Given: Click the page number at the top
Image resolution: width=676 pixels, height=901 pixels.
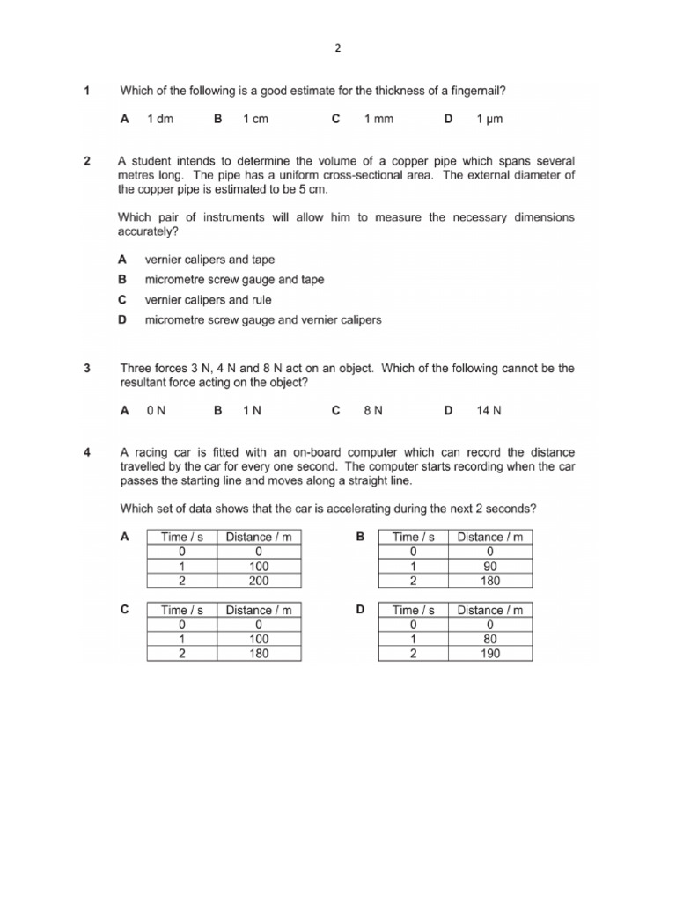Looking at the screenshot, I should [x=338, y=49].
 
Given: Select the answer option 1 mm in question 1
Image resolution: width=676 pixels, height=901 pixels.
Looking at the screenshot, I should [x=378, y=120].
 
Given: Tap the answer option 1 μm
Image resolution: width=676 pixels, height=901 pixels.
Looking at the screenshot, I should [x=489, y=120].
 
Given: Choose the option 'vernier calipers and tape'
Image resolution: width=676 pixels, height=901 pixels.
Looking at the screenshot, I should [x=209, y=260].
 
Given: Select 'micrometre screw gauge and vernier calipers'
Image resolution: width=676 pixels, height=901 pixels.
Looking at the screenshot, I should [x=263, y=319].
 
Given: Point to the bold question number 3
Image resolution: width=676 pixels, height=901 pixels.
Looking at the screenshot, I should [x=87, y=369].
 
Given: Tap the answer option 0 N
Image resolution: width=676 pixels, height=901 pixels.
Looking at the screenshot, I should [x=157, y=410].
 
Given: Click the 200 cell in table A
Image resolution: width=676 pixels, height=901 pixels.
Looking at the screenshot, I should [x=259, y=581].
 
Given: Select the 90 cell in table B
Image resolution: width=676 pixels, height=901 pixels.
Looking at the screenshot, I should [x=490, y=567].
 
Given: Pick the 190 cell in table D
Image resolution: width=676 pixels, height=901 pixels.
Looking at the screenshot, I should [x=490, y=654].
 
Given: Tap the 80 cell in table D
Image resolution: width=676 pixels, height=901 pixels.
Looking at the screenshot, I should [x=490, y=640].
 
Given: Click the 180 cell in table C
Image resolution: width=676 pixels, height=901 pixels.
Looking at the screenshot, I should [x=259, y=654].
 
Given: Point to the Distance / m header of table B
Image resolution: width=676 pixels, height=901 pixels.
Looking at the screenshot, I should [x=490, y=537].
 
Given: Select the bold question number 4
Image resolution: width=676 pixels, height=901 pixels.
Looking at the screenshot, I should [x=87, y=453].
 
